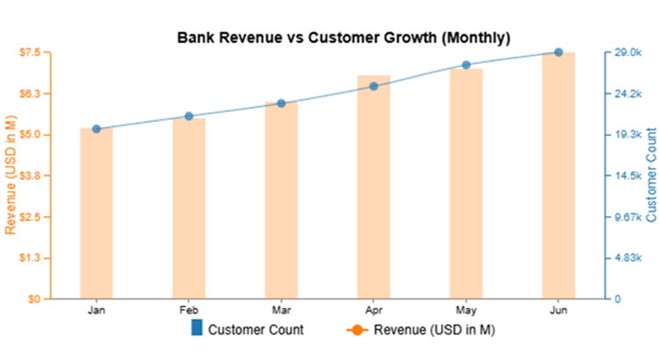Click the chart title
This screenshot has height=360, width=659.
[x=344, y=38]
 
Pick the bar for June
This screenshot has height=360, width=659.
[x=558, y=175]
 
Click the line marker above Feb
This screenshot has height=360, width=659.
[x=188, y=116]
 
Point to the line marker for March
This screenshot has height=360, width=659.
[x=281, y=103]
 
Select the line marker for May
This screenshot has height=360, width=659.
[x=466, y=65]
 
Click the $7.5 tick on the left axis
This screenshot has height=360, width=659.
[x=31, y=53]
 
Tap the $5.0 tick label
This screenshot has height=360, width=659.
[x=31, y=135]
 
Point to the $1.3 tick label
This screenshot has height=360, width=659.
[x=31, y=258]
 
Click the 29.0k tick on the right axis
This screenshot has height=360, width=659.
[x=628, y=53]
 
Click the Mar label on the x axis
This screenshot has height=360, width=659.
[x=281, y=311]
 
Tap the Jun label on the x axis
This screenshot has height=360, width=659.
[x=558, y=311]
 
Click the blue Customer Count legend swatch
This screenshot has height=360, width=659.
[x=196, y=329]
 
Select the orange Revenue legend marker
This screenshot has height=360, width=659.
[x=355, y=330]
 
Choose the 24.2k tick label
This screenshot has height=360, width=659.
[x=628, y=94]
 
